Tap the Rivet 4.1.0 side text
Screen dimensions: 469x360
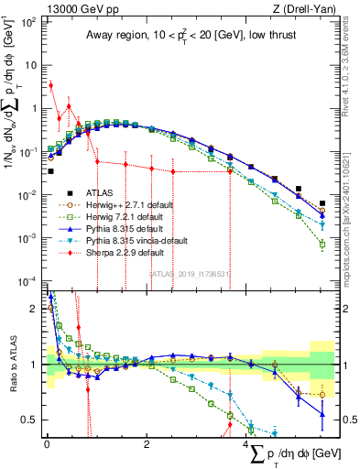click(x=353, y=73)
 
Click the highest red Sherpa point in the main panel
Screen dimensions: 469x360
click(x=51, y=85)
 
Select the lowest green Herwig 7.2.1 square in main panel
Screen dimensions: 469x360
click(x=322, y=245)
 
